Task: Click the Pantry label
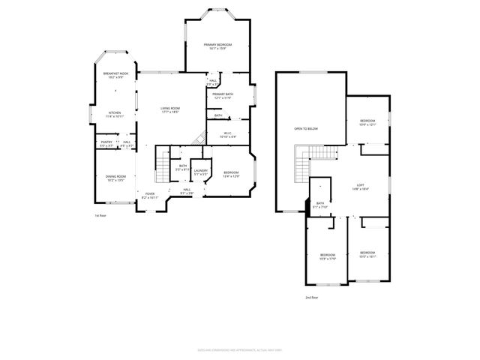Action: coord(106,142)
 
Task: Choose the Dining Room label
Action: coord(115,178)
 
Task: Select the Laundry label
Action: coord(200,172)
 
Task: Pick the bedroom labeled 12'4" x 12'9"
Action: coord(231,174)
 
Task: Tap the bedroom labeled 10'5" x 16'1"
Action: coord(367,253)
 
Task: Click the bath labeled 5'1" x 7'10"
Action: coord(320,205)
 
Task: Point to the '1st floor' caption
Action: coord(100,215)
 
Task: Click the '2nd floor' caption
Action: coord(310,298)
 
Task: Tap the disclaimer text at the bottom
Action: coord(239,349)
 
